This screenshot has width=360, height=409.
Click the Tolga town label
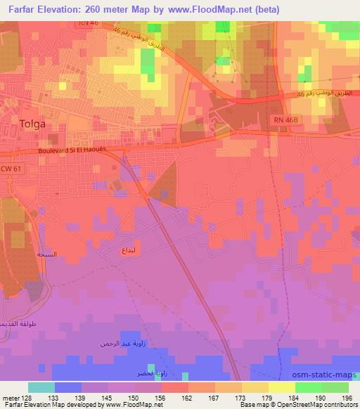coord(33,124)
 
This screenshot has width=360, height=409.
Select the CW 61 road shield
coord(9,169)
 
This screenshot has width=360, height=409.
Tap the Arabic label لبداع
coord(134,249)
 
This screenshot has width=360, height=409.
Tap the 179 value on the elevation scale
coord(267,397)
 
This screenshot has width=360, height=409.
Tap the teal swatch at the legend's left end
coord(41,387)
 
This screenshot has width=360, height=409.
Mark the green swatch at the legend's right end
coord(335,387)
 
